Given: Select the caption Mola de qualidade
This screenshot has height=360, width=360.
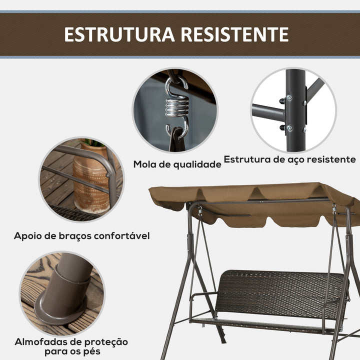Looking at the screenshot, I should click(177, 164).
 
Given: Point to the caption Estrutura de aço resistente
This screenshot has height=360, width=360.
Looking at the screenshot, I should click(289, 159).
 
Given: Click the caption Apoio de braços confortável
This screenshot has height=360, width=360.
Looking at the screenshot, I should click(82, 235).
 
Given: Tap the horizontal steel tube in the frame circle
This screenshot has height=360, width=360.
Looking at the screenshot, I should click(267, 112).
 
